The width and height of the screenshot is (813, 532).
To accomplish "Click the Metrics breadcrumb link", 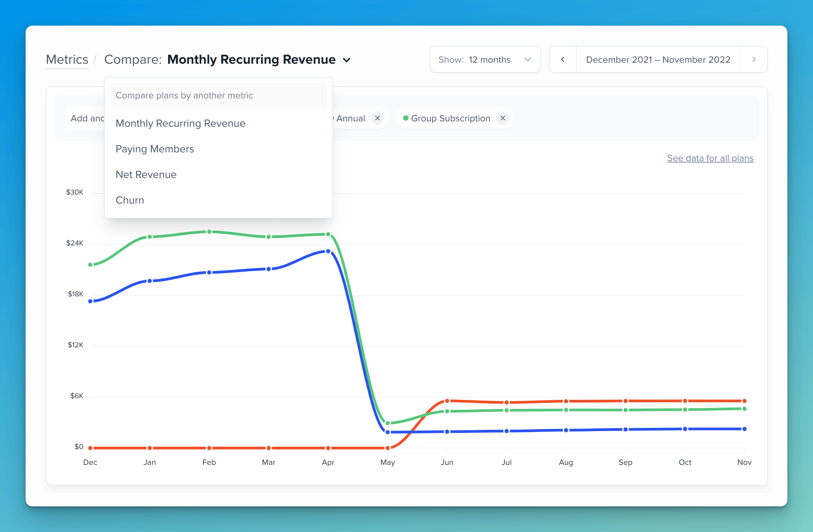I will pyautogui.click(x=67, y=59).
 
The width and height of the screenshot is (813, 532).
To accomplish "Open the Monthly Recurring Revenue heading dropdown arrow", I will pyautogui.click(x=347, y=60).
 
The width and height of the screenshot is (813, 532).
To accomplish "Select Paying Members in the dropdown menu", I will pyautogui.click(x=155, y=149).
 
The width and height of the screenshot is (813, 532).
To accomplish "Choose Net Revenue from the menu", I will pyautogui.click(x=146, y=175).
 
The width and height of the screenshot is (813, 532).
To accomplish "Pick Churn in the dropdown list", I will pyautogui.click(x=130, y=200).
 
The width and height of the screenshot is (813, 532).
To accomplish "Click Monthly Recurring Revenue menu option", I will pyautogui.click(x=181, y=123).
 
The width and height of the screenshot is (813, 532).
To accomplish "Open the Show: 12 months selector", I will pyautogui.click(x=485, y=59).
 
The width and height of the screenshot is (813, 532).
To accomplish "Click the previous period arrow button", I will pyautogui.click(x=563, y=59).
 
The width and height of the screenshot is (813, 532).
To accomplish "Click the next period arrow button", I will pyautogui.click(x=754, y=59).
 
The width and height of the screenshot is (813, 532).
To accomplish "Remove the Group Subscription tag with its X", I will pyautogui.click(x=502, y=118).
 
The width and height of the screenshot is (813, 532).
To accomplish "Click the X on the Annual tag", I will pyautogui.click(x=378, y=118).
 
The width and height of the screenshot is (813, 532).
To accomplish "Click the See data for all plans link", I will pyautogui.click(x=710, y=158).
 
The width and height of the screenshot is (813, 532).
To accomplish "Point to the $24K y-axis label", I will pyautogui.click(x=75, y=243).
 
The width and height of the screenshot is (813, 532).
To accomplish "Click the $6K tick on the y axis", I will pyautogui.click(x=77, y=396).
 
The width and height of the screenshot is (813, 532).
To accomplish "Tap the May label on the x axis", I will pyautogui.click(x=387, y=462).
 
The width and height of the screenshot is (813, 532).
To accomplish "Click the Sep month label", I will pyautogui.click(x=625, y=462).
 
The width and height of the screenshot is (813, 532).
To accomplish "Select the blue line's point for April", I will pyautogui.click(x=328, y=251).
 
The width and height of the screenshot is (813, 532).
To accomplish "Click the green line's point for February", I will pyautogui.click(x=209, y=232).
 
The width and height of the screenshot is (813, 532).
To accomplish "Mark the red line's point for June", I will pyautogui.click(x=447, y=401).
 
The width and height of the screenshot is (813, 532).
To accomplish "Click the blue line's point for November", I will pyautogui.click(x=744, y=429).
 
